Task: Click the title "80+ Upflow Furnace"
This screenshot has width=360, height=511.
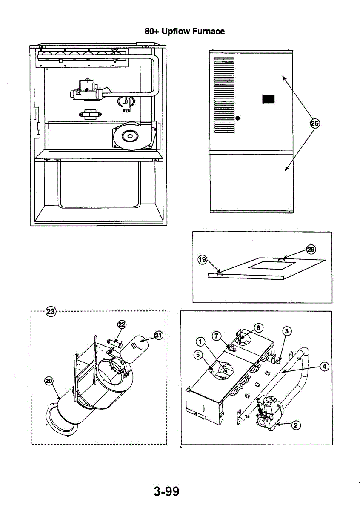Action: click(x=184, y=31)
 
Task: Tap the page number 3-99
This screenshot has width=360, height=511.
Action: click(x=167, y=492)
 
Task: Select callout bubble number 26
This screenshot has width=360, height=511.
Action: click(x=314, y=123)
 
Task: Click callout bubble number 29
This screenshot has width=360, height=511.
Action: click(x=311, y=249)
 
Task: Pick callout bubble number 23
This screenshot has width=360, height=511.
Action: click(x=51, y=311)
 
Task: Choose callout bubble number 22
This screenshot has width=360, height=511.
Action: click(x=122, y=325)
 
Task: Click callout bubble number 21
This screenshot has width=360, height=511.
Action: click(x=158, y=336)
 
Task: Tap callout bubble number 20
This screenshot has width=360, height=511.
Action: click(x=49, y=381)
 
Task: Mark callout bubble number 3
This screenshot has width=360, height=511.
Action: click(x=288, y=331)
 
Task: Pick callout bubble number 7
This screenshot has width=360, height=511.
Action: click(x=217, y=336)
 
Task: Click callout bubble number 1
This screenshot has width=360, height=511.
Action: click(x=200, y=342)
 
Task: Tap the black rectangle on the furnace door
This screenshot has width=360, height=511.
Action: click(x=269, y=99)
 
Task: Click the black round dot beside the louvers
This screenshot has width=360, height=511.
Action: click(x=238, y=118)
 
